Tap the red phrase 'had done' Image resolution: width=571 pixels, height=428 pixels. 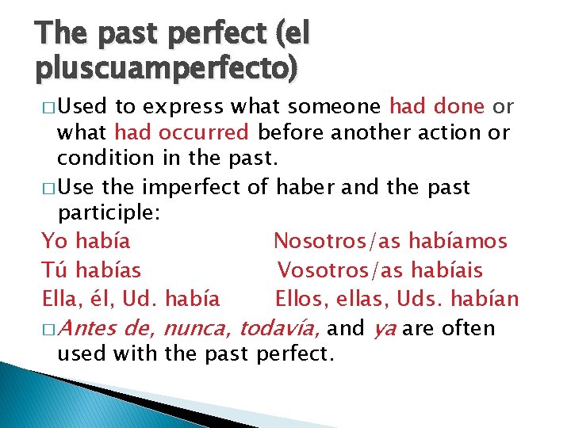(439, 106)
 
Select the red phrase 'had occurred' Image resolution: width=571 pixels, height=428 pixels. (182, 132)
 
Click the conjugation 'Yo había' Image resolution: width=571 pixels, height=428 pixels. (86, 240)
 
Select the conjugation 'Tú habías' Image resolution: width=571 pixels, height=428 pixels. (90, 269)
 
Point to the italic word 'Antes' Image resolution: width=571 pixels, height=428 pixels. (86, 328)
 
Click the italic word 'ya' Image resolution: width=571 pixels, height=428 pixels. (384, 328)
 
